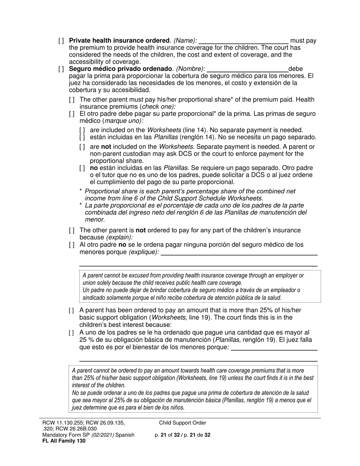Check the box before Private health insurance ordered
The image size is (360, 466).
[x=61, y=41]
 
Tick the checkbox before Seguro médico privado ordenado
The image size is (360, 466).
[x=61, y=69]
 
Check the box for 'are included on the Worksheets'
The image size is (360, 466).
[x=82, y=130]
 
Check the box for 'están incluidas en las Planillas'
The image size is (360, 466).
[x=82, y=137]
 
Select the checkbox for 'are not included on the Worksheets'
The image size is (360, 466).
[x=82, y=147]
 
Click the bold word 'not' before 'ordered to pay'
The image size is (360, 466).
[x=141, y=230]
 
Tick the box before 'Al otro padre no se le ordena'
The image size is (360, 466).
[x=72, y=245]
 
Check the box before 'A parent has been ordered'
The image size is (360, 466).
[x=72, y=311]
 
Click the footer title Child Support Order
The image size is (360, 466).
[x=183, y=423]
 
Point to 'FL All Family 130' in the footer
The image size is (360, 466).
[x=64, y=441]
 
